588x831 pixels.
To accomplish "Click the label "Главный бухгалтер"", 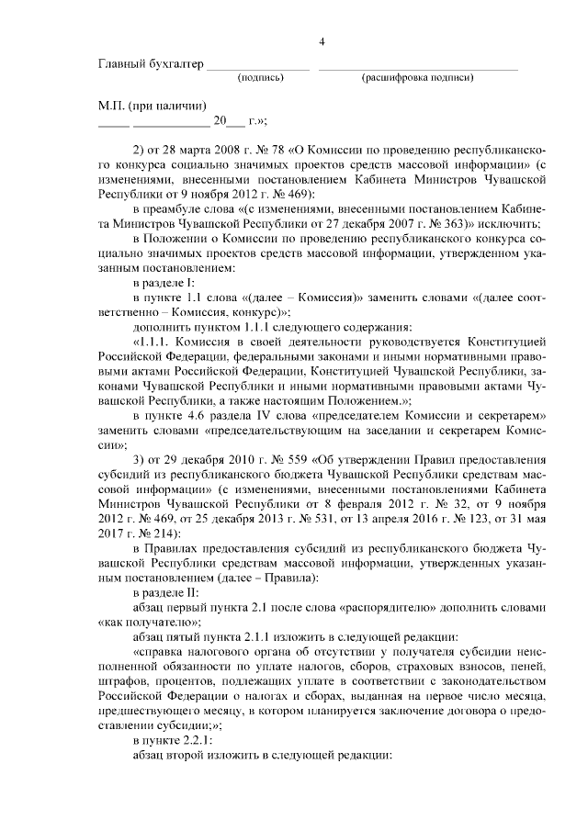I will tap(150, 66).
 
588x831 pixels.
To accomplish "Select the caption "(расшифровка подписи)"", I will tap(418, 80).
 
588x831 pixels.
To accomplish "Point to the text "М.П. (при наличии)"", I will tap(153, 106).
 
